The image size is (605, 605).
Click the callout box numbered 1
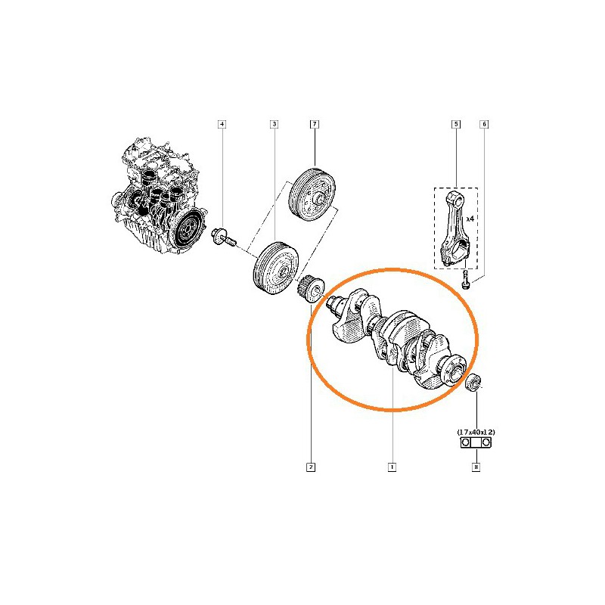(392, 467)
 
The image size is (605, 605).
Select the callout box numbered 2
(311, 467)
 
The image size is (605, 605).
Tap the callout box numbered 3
(274, 124)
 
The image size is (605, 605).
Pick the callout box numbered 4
(222, 124)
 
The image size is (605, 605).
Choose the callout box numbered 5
(456, 124)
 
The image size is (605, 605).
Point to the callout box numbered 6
(484, 124)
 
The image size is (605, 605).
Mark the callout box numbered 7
(315, 124)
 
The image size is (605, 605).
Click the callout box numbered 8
(476, 467)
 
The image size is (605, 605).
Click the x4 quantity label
(470, 219)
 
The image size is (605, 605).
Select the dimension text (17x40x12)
(476, 432)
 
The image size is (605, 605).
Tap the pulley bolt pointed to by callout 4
(223, 237)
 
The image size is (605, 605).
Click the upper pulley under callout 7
(312, 194)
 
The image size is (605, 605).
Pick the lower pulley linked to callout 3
(275, 268)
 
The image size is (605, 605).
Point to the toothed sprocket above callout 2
(311, 290)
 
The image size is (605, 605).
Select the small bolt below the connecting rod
(466, 279)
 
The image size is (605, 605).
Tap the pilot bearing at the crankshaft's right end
(473, 383)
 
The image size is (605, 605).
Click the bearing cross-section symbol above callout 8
(476, 442)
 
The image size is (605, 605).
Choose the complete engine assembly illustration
(160, 196)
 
